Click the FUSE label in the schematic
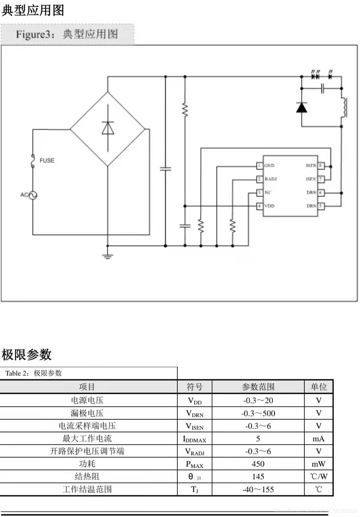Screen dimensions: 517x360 pos(47,160)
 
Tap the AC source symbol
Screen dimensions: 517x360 pos(33,195)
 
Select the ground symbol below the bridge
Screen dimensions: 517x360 pos(107,256)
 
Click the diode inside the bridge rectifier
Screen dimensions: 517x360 pos(108,128)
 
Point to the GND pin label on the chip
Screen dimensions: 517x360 pos(269,166)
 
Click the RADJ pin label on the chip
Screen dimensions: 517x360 pos(271,179)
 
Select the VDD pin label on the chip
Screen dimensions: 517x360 pos(269,206)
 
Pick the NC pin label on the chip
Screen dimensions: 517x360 pos(268,193)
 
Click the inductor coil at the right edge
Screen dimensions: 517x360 pos(344,107)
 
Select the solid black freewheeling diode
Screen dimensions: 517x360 pos(302,107)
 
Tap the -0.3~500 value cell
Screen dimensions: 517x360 pos(258,413)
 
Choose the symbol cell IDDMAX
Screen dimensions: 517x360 pos(194,439)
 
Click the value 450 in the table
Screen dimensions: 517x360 pos(258,464)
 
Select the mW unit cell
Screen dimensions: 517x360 pos(318,464)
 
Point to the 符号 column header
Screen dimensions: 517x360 pos(194,387)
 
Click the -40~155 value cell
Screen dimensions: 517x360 pos(258,489)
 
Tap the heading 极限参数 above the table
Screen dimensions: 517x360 pos(27,354)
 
